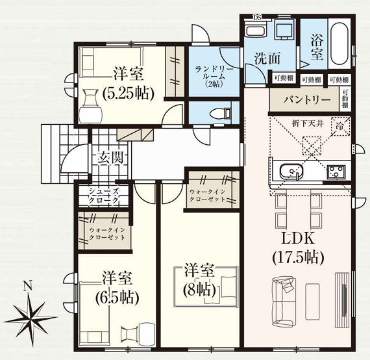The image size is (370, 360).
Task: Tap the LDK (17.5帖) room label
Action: pyautogui.click(x=297, y=246)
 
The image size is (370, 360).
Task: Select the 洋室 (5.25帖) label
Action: pyautogui.click(x=128, y=83)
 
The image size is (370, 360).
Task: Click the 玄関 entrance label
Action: pyautogui.click(x=106, y=157)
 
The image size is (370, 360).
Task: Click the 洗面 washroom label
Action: pyautogui.click(x=266, y=57)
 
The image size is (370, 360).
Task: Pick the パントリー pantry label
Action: pyautogui.click(x=304, y=101)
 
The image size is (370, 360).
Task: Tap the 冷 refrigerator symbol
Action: pyautogui.click(x=339, y=126)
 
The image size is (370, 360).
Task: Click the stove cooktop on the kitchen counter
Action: pyautogui.click(x=336, y=172)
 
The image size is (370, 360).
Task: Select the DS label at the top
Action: pyautogui.click(x=256, y=18)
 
